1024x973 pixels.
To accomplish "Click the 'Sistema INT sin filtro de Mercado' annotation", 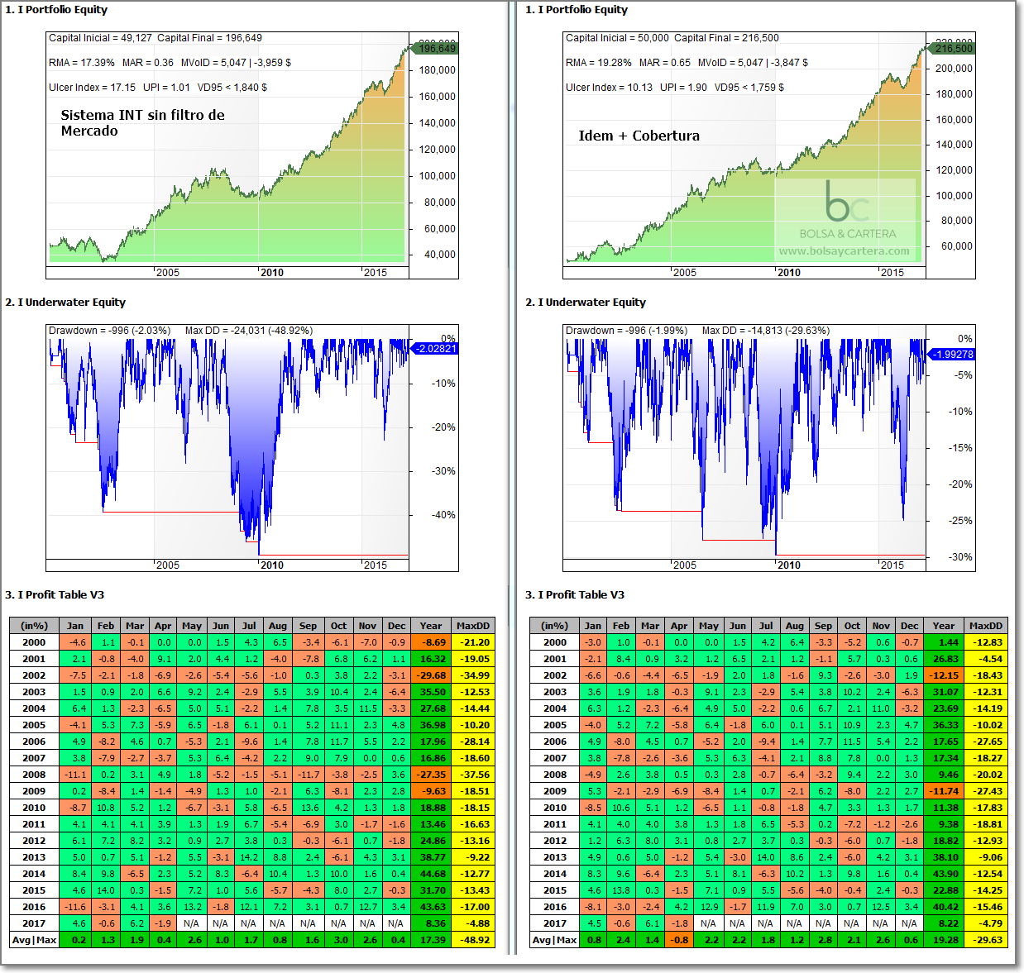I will [x=142, y=123].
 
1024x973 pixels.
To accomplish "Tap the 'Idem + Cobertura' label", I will [x=639, y=136].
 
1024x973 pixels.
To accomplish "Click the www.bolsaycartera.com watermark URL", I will [x=844, y=250].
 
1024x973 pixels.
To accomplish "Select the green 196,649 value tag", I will [x=436, y=49].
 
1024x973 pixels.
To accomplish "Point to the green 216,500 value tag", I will [x=953, y=49].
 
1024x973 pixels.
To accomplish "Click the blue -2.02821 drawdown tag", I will [x=436, y=349].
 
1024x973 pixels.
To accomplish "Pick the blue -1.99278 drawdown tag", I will [x=953, y=355].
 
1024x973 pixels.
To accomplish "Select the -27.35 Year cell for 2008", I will [x=432, y=775].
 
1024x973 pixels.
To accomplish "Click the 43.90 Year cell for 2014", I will [x=945, y=874].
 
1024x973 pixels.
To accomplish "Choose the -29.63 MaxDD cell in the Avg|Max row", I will [x=986, y=940].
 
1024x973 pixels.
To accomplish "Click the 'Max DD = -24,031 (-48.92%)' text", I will [x=248, y=331].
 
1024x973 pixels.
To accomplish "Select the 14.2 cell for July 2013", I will [x=249, y=857].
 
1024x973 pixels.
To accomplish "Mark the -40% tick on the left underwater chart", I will [x=443, y=515].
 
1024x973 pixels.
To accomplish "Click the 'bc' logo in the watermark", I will [x=846, y=202].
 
